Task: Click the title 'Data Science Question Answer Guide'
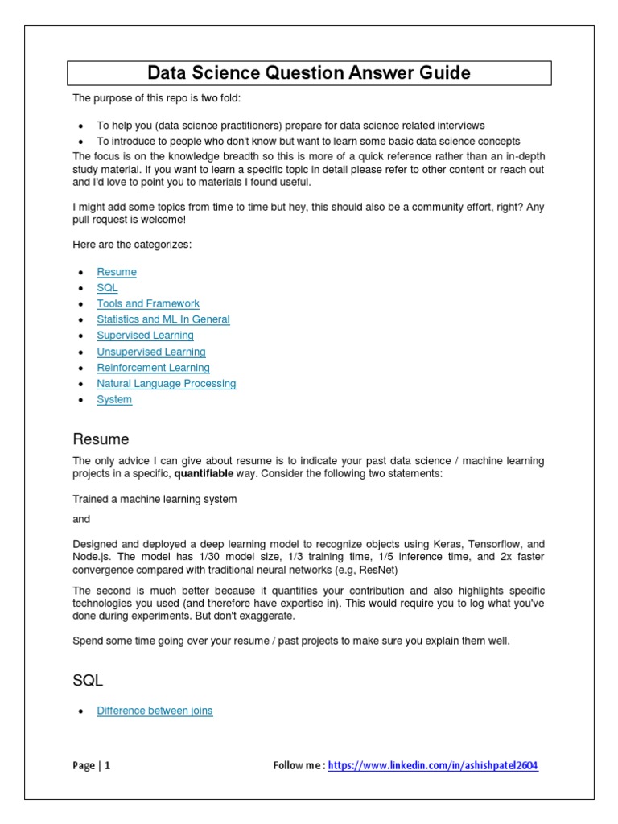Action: pyautogui.click(x=309, y=73)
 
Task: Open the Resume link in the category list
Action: pyautogui.click(x=117, y=272)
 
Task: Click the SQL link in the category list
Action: pyautogui.click(x=107, y=288)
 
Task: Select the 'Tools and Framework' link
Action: pyautogui.click(x=148, y=303)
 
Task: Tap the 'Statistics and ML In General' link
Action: pyautogui.click(x=163, y=319)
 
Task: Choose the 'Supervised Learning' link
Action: pyautogui.click(x=145, y=336)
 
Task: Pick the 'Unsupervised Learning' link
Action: pyautogui.click(x=151, y=352)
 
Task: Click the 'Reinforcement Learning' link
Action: pyautogui.click(x=153, y=368)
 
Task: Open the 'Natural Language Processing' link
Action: pyautogui.click(x=167, y=384)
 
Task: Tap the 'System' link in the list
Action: pyautogui.click(x=114, y=399)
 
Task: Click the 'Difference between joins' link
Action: pyautogui.click(x=154, y=711)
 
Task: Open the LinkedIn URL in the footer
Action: pyautogui.click(x=433, y=766)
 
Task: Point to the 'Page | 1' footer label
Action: pyautogui.click(x=91, y=766)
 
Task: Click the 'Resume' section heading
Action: pyautogui.click(x=101, y=439)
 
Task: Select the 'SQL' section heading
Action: pyautogui.click(x=88, y=681)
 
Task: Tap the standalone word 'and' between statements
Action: pyautogui.click(x=81, y=520)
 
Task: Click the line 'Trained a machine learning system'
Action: pyautogui.click(x=154, y=499)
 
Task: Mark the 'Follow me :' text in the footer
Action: pyautogui.click(x=299, y=766)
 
